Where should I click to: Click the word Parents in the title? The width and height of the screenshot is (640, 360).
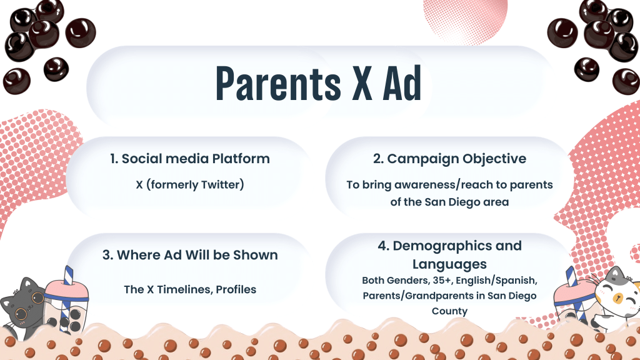[278, 83]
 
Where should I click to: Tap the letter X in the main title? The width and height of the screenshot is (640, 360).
[362, 83]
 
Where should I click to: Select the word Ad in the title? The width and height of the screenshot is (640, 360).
[402, 83]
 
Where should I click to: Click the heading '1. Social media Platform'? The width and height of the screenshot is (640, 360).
[190, 158]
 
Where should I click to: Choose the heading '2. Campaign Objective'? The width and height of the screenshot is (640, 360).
[449, 158]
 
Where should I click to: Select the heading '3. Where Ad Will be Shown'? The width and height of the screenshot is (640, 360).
[190, 255]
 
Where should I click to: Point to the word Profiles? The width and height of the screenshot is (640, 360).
[236, 289]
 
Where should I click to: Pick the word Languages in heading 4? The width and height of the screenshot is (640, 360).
[449, 264]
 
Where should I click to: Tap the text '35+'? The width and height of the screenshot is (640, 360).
[442, 281]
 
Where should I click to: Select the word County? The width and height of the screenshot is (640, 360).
[449, 311]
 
